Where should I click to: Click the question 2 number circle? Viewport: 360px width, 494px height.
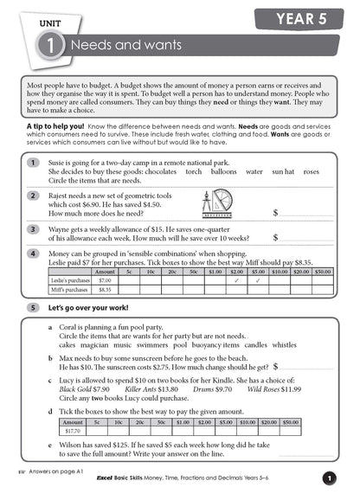[x=33, y=196]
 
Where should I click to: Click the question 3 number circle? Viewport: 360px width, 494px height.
[x=33, y=229]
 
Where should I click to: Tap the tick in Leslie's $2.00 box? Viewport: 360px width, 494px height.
[x=235, y=280]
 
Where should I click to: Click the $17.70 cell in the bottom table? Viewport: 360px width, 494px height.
[x=73, y=430]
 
